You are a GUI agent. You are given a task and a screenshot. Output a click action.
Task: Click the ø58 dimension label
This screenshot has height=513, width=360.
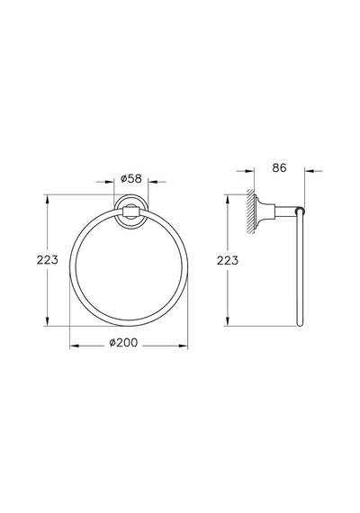130,178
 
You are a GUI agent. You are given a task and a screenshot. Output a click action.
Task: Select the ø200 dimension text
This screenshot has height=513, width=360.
123,343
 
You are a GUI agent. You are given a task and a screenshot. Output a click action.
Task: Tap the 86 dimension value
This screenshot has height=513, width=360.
279,167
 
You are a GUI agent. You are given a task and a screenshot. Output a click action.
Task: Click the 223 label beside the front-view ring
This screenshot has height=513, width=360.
47,260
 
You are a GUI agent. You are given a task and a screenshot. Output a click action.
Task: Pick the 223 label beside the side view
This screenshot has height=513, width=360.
228,261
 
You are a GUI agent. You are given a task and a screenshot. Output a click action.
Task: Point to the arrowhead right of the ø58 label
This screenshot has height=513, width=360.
153,182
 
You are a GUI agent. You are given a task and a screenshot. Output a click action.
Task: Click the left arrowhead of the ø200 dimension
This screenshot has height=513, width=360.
75,346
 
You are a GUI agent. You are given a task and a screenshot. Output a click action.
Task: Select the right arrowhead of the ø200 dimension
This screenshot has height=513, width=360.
184,346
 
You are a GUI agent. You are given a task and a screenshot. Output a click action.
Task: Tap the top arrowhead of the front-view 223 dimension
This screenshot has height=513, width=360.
48,200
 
